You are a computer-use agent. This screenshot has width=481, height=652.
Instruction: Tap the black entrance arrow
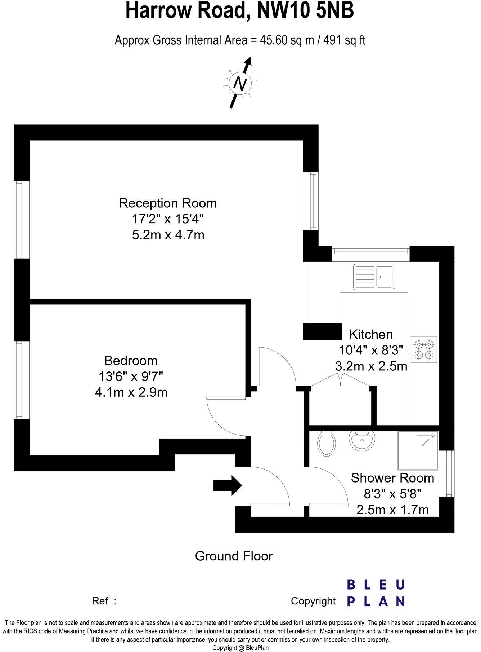pyautogui.click(x=228, y=485)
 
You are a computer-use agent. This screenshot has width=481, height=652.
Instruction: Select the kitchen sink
pyautogui.click(x=374, y=277)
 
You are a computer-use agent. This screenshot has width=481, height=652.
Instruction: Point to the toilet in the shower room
pyautogui.click(x=327, y=444)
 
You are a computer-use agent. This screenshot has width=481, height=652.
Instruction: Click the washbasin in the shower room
pyautogui.click(x=362, y=441)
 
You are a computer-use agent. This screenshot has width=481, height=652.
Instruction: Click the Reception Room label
pyautogui.click(x=168, y=203)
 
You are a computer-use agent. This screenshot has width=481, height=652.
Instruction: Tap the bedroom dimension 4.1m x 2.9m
pyautogui.click(x=131, y=392)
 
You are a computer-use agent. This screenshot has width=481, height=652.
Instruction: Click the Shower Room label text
pyautogui.click(x=392, y=478)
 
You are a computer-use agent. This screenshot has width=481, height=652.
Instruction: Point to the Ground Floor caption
pyautogui.click(x=234, y=556)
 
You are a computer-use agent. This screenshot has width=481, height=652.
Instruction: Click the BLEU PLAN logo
pyautogui.click(x=376, y=593)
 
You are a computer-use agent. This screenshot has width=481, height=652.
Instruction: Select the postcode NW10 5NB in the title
pyautogui.click(x=305, y=11)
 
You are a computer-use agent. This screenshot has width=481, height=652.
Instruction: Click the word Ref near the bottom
pyautogui.click(x=100, y=601)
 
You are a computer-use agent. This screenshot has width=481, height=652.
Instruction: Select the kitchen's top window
pyautogui.click(x=370, y=254)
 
